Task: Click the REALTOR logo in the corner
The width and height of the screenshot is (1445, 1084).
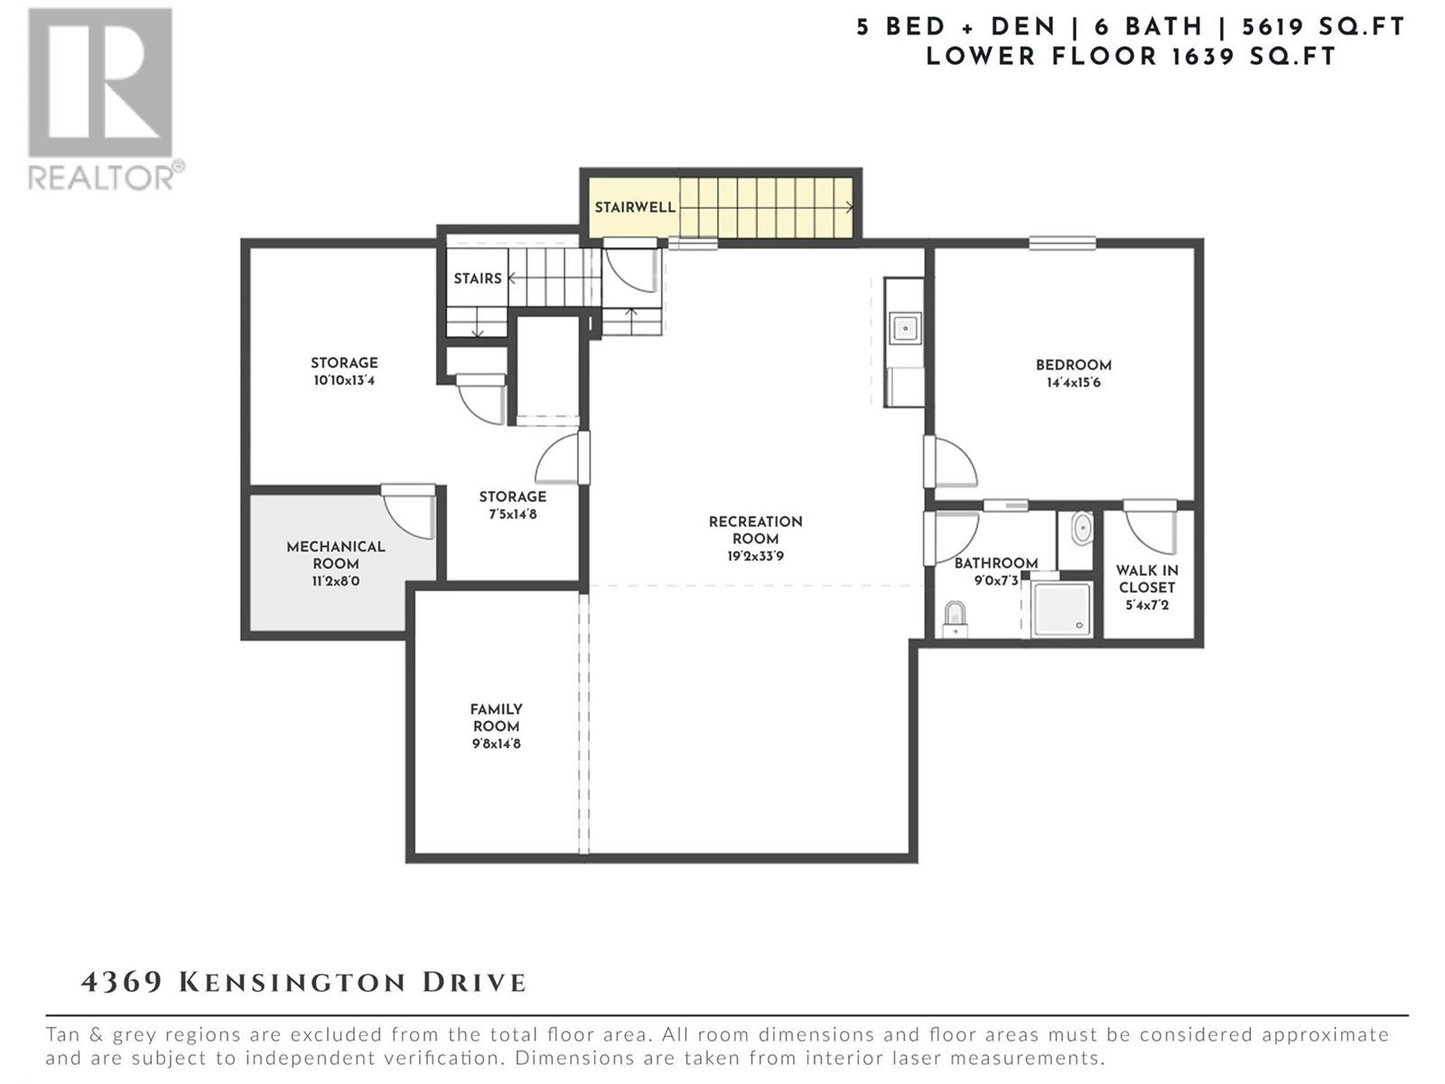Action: click(104, 98)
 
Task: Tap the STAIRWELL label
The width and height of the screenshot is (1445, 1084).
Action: click(635, 208)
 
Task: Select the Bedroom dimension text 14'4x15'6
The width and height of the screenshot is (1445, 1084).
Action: click(1073, 382)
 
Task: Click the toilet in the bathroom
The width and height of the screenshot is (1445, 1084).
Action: click(956, 620)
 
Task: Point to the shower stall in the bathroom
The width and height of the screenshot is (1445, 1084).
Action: click(1060, 608)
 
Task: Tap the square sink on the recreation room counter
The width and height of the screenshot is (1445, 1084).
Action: click(906, 328)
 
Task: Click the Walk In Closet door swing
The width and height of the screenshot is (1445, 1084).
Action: click(1150, 529)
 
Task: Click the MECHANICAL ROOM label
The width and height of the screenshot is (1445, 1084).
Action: click(336, 555)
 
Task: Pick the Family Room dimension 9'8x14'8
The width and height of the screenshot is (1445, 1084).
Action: click(497, 743)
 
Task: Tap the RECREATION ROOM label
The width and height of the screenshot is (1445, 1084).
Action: click(755, 530)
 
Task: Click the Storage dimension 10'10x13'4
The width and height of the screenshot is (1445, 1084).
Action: click(344, 380)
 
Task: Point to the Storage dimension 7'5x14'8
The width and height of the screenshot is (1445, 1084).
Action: click(513, 514)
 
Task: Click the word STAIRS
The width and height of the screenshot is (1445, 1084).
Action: click(477, 278)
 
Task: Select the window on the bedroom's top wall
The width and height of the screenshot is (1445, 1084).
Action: click(1062, 244)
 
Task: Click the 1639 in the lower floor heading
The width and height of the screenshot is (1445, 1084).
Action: click(1203, 57)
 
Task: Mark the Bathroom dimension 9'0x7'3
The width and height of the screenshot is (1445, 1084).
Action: click(996, 581)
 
